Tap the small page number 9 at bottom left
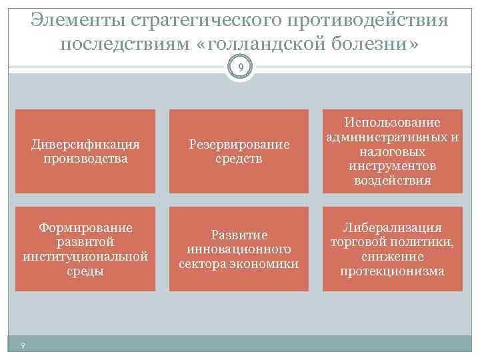(x=23, y=345)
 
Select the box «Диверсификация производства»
(x=85, y=151)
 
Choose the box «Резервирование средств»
(x=239, y=151)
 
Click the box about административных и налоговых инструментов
(x=393, y=151)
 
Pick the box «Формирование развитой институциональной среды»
(x=85, y=249)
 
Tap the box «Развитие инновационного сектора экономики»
(x=239, y=249)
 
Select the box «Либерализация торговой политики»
(x=393, y=249)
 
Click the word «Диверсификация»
(x=85, y=144)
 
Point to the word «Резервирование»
(x=239, y=144)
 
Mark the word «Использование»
(x=393, y=123)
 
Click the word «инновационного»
(x=239, y=249)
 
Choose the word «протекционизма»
(x=393, y=271)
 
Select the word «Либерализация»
(x=393, y=228)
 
